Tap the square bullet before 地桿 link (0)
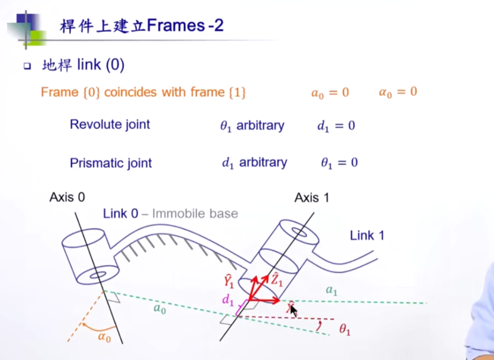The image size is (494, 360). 26,66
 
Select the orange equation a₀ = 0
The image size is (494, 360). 330,93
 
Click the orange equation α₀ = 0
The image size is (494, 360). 398,92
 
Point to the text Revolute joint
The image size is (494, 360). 110,125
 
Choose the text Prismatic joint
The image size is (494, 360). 111,163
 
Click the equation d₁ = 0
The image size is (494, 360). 336,126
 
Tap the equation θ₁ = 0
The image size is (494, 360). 339,163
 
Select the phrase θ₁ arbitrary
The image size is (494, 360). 252,126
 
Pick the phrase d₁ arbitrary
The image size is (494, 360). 254,163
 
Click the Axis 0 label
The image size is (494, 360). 67,197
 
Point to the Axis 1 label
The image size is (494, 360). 312,198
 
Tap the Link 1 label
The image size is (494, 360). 367,235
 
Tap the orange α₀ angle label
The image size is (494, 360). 104,337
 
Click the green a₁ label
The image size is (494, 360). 332,291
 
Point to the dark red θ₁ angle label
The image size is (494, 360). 345,330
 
